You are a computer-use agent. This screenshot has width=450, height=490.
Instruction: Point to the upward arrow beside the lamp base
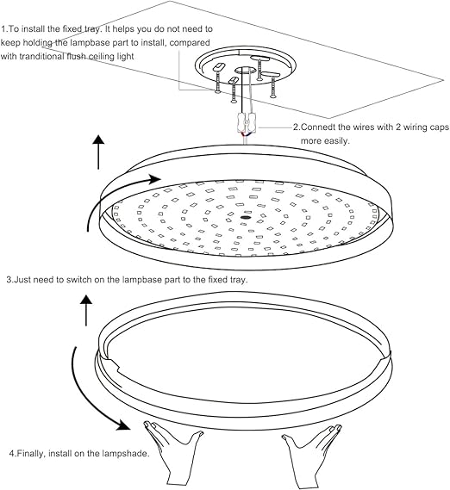99,152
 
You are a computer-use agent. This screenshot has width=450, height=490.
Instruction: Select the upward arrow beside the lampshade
86,310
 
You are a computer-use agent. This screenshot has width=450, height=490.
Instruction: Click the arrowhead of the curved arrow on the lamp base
153,180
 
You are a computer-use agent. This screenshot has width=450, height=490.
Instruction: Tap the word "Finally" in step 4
34,454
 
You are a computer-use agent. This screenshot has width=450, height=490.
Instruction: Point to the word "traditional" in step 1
54,56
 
